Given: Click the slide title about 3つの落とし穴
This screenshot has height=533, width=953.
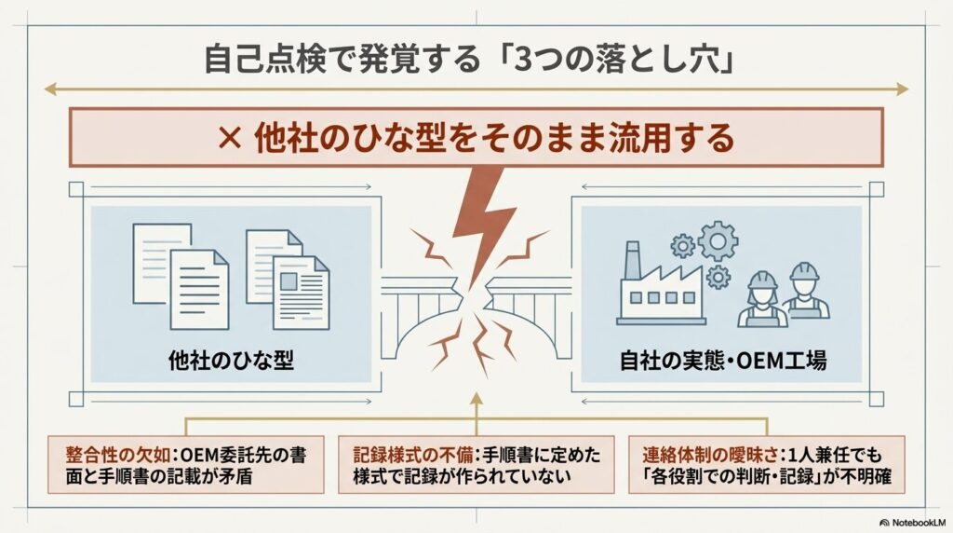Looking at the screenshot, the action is (469, 61).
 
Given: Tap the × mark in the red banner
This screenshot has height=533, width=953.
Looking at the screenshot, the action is (230, 140).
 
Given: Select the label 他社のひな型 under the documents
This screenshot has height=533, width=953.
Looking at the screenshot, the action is (231, 361).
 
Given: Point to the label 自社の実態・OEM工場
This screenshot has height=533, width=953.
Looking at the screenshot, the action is (722, 361).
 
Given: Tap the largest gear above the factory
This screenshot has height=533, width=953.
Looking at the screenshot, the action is (718, 241).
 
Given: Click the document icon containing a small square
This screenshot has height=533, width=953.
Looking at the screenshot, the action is (301, 292).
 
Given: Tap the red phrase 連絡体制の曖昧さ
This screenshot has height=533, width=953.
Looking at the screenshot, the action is (709, 455).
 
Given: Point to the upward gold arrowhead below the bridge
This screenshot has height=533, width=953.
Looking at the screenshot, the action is (476, 399).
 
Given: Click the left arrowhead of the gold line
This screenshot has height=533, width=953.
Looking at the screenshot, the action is (51, 89).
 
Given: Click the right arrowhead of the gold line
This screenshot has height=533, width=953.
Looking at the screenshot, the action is (901, 89).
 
